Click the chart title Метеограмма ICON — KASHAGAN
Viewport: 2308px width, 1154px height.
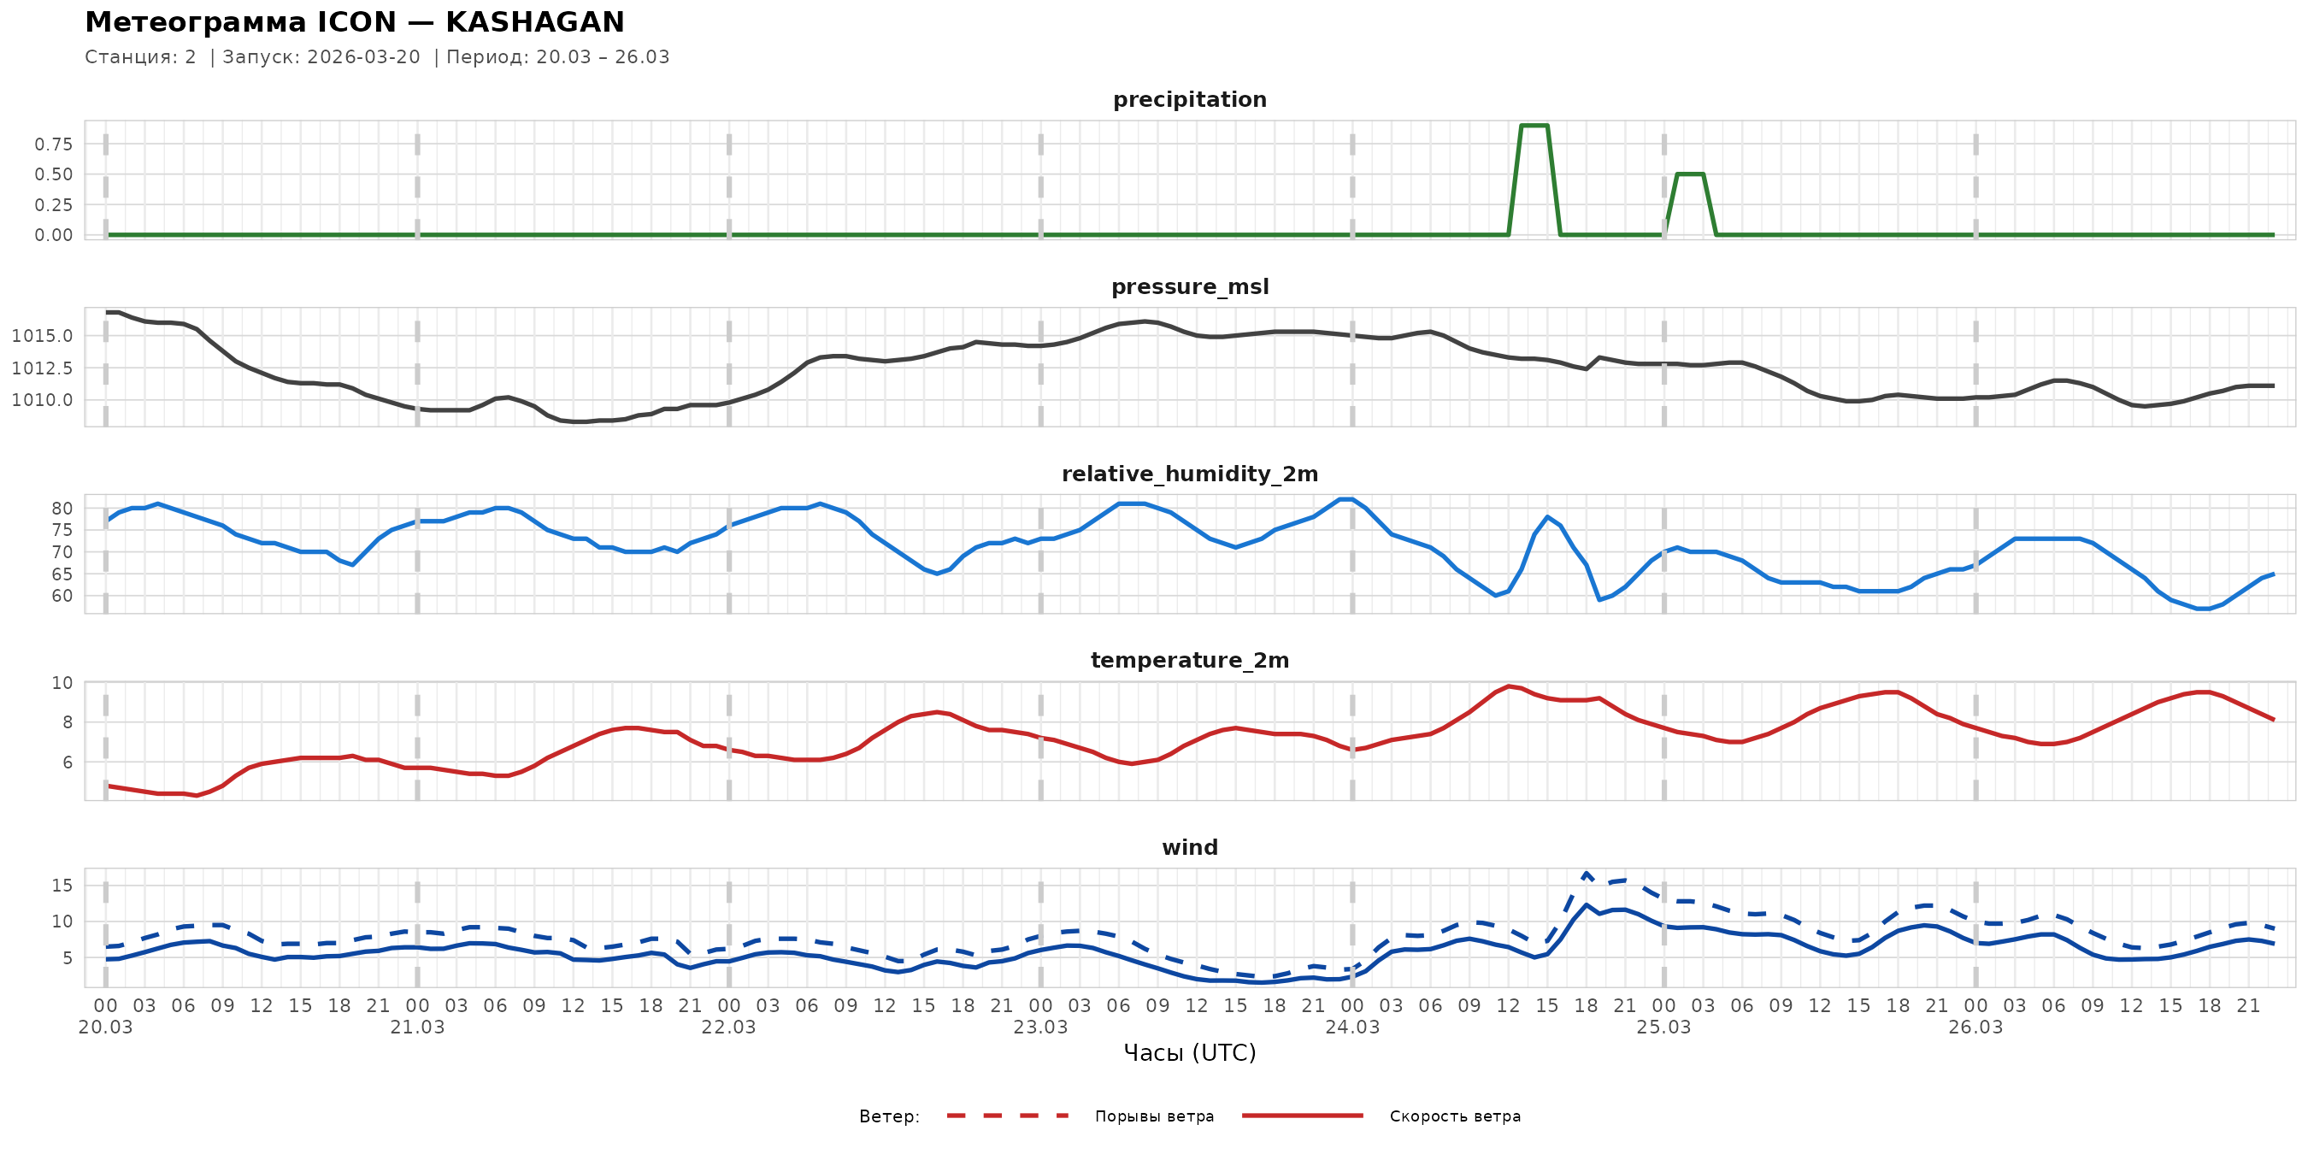[354, 21]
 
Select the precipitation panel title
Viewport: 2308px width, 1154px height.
[1189, 99]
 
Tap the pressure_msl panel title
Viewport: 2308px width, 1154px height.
[1189, 286]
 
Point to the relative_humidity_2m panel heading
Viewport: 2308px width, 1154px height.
[1189, 474]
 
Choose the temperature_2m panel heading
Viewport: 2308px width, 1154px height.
[1189, 660]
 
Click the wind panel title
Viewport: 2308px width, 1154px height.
[1189, 848]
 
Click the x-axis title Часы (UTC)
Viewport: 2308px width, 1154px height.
[1189, 1053]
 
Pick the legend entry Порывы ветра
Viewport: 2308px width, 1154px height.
[1154, 1116]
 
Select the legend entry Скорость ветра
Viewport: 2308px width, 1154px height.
[1454, 1116]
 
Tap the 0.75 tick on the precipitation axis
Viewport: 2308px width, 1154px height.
[54, 144]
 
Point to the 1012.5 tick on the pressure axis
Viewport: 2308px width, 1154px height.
[42, 368]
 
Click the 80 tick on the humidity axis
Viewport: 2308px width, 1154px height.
[62, 508]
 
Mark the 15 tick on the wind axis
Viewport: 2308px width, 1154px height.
[62, 886]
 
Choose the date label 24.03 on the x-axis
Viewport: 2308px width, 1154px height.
[1352, 1027]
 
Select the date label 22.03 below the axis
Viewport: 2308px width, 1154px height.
[728, 1027]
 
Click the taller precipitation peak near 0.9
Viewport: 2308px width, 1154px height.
[1534, 126]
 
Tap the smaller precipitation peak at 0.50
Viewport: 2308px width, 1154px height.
[1689, 174]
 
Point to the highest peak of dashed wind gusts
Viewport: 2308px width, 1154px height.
[1586, 873]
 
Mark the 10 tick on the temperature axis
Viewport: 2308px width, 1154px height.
[62, 683]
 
